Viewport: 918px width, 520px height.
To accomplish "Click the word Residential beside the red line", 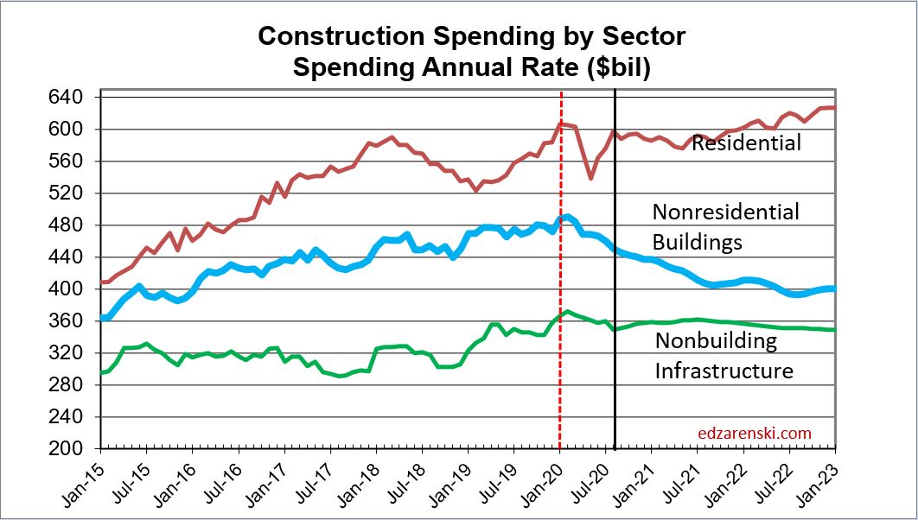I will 747,143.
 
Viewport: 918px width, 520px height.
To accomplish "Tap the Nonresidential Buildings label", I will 725,226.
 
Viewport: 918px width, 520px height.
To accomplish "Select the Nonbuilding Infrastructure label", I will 724,356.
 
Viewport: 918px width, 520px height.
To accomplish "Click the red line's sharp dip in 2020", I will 591,178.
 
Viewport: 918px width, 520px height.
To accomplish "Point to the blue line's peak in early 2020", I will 565,217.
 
